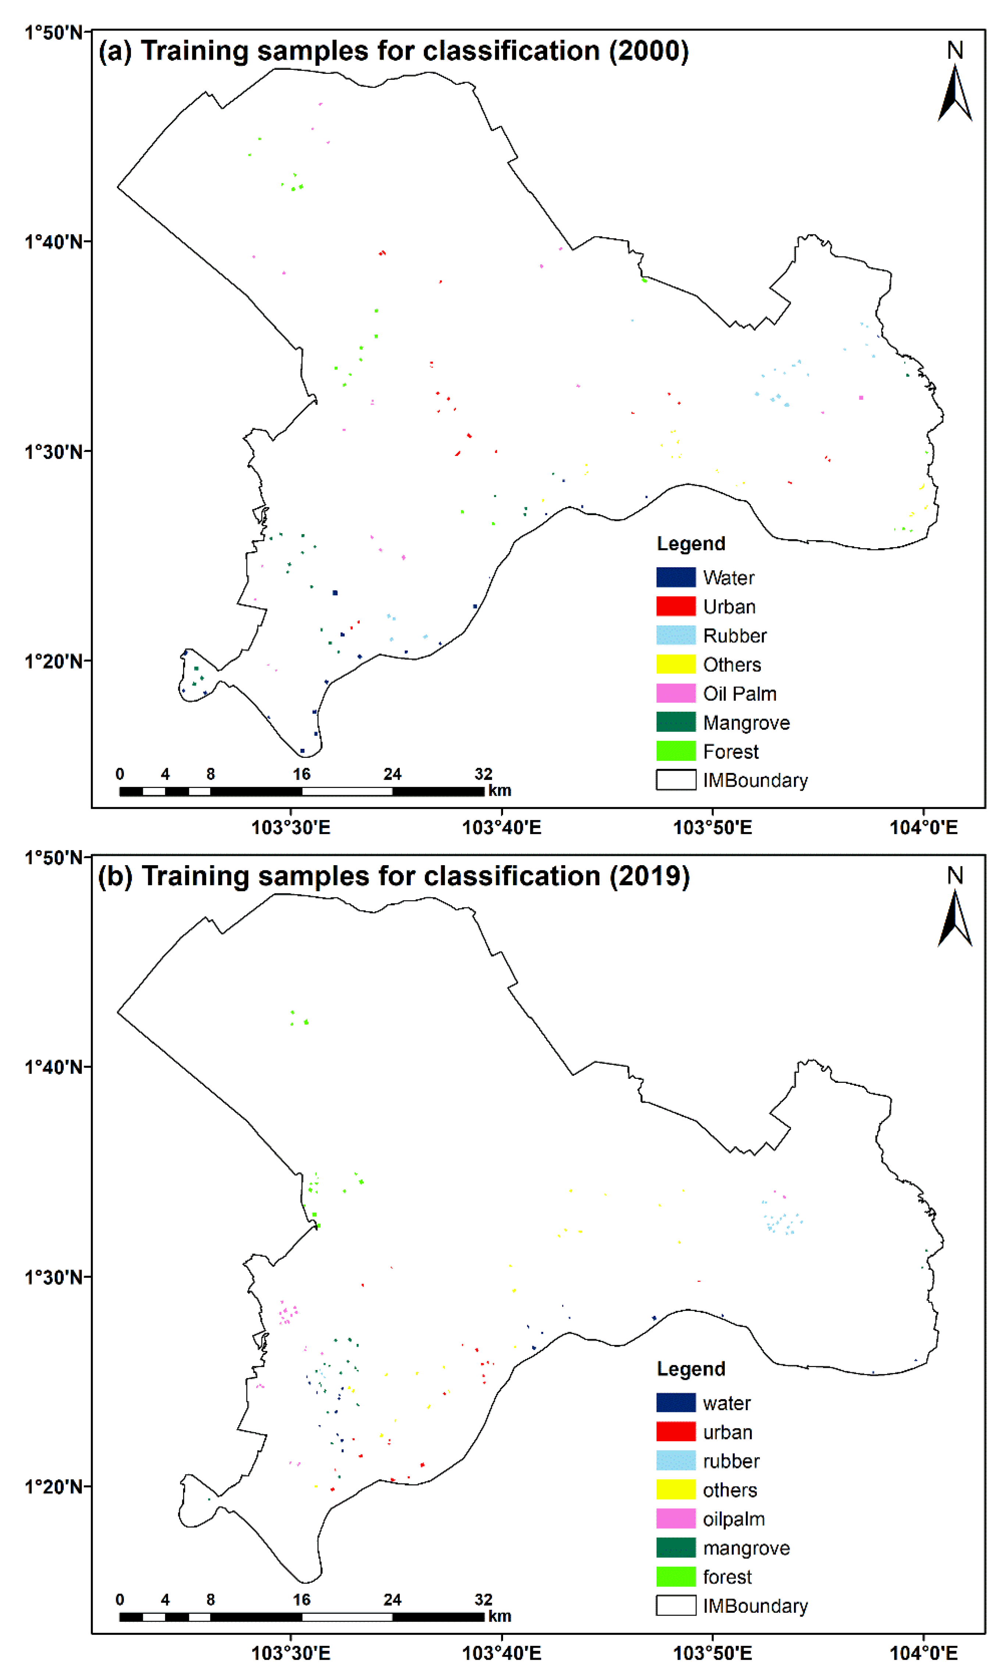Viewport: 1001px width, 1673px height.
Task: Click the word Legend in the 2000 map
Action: [691, 543]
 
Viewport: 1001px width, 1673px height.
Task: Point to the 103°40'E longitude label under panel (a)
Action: [501, 827]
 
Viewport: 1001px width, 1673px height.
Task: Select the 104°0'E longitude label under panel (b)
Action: [923, 1653]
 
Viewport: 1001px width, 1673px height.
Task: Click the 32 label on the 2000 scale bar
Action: [483, 774]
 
